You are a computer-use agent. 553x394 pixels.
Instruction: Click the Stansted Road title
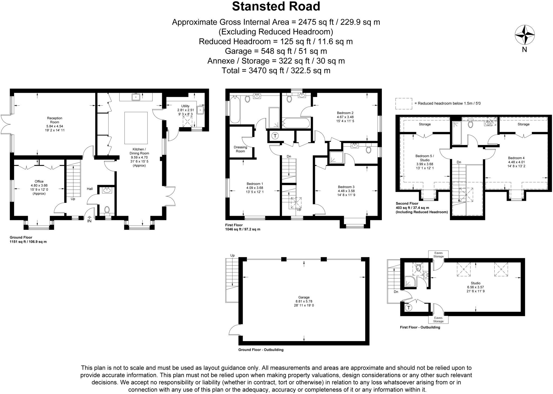276,6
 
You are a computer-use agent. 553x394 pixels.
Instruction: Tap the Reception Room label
55,120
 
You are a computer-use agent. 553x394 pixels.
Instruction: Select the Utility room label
185,106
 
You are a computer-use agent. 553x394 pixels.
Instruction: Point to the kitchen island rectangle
136,128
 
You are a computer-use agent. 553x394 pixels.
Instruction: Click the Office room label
39,181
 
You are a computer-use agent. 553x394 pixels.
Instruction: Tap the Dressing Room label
240,149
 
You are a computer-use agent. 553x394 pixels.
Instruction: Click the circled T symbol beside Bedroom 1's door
275,136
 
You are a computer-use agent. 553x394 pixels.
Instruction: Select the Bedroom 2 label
345,113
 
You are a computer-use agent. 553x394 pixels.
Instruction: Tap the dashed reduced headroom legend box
404,104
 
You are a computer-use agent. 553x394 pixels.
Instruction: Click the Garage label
304,297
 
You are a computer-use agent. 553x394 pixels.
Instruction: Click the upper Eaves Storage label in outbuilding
438,254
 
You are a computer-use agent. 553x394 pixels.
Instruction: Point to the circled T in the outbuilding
409,308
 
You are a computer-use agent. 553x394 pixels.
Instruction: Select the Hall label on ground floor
90,189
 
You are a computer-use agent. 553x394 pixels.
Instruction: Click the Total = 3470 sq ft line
276,70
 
